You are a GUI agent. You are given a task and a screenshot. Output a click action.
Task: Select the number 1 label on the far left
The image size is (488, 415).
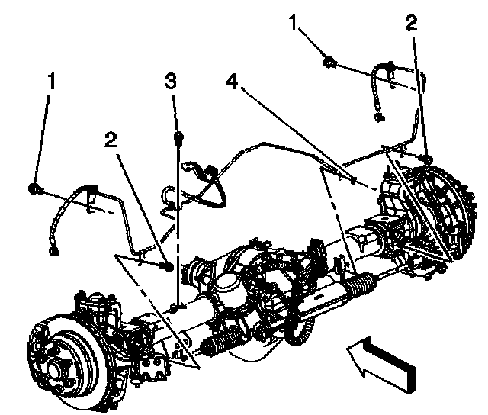click(x=51, y=81)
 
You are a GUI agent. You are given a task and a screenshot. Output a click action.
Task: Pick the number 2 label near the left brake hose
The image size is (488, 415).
click(x=113, y=139)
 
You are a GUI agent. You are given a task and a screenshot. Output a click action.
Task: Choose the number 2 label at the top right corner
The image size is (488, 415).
click(x=412, y=23)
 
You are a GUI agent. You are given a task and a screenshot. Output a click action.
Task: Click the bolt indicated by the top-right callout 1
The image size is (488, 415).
click(x=329, y=60)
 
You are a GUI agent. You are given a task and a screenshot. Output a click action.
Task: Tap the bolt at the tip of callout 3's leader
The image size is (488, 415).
click(x=178, y=138)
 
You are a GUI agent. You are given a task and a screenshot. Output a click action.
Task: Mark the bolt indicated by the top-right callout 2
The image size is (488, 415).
click(x=429, y=159)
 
